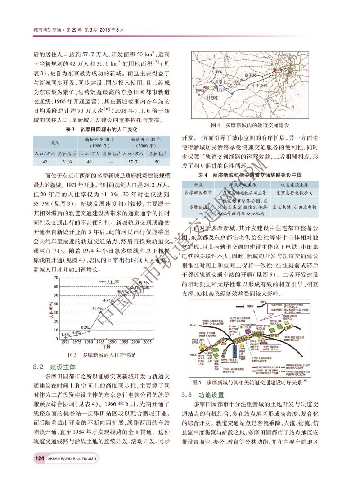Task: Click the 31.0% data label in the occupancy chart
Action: [x=98, y=309]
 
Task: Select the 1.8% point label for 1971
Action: [x=65, y=335]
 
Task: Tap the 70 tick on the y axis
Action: [x=56, y=277]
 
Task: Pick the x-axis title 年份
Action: [x=107, y=347]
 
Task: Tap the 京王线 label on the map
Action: [x=250, y=75]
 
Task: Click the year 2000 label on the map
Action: [x=219, y=72]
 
